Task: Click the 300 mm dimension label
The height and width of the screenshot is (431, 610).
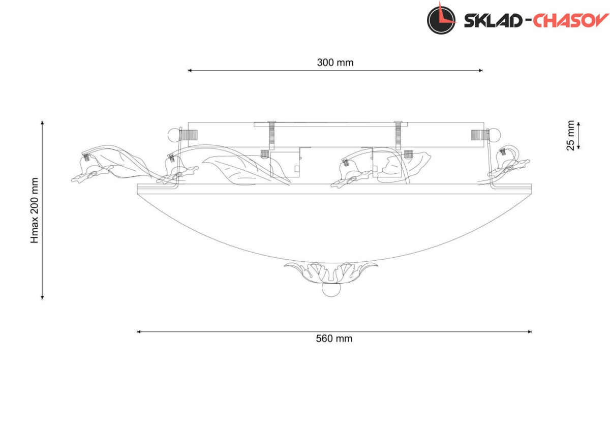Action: tap(335, 63)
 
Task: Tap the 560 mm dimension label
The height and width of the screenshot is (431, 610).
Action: tap(334, 338)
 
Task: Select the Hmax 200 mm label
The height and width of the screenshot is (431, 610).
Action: tap(35, 210)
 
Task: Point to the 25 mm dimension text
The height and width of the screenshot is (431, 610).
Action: tap(570, 135)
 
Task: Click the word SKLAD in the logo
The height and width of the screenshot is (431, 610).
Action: tap(493, 21)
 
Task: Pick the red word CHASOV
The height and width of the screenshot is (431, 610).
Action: tap(570, 21)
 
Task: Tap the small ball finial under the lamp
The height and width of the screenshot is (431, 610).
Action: tap(331, 290)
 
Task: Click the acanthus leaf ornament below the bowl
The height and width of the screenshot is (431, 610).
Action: tap(331, 273)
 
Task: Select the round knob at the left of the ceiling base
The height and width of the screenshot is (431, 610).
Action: tap(174, 135)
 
